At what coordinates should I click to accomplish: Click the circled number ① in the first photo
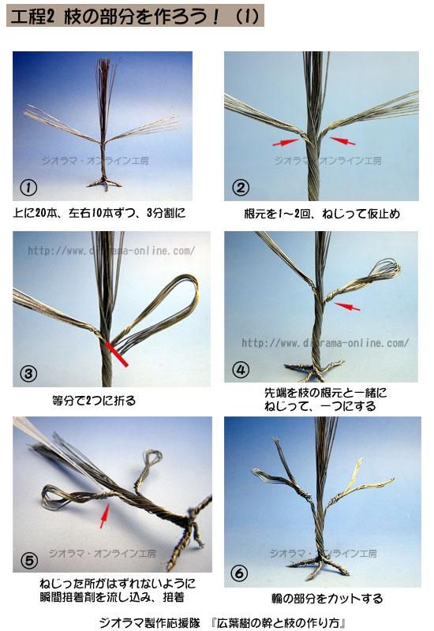[28, 188]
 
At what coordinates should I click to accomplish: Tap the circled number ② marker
[241, 188]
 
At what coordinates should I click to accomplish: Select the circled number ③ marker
[28, 374]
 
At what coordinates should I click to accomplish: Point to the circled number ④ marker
[241, 369]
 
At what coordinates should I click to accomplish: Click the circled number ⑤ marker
[29, 560]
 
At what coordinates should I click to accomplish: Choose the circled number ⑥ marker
[240, 573]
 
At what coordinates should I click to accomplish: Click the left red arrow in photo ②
[286, 142]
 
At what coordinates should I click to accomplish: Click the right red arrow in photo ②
[342, 141]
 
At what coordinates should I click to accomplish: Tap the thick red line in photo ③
[117, 354]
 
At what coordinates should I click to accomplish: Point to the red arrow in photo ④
[347, 307]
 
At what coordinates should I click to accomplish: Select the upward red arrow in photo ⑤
[104, 516]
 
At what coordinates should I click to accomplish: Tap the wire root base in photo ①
[105, 184]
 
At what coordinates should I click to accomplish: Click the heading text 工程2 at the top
[32, 17]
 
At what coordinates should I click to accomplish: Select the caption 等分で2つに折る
[94, 401]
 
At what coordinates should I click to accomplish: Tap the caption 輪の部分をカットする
[327, 599]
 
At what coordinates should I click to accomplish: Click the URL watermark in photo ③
[111, 251]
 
